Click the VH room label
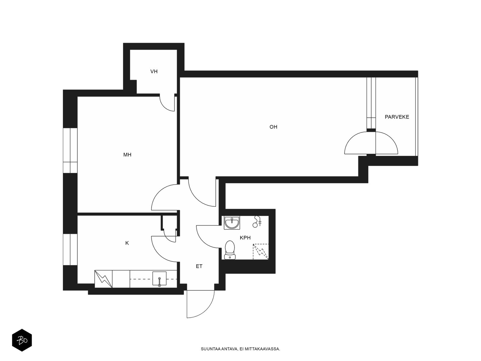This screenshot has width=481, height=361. (154, 72)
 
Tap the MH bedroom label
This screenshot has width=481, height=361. (127, 155)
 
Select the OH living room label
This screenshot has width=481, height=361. (273, 127)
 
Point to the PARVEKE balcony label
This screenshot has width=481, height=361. (397, 117)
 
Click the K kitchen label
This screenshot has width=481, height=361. (127, 243)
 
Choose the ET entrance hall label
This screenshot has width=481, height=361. (199, 266)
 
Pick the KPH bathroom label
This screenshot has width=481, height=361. (245, 238)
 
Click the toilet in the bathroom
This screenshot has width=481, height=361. (230, 250)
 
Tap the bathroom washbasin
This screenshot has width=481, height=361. (232, 223)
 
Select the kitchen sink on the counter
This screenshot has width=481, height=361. (159, 279)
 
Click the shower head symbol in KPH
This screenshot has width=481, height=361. (257, 222)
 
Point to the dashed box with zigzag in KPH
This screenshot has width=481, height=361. (261, 251)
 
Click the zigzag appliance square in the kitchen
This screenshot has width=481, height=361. (103, 279)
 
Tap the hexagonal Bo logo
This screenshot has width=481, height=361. (22, 341)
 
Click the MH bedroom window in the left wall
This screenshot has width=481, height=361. (70, 151)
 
